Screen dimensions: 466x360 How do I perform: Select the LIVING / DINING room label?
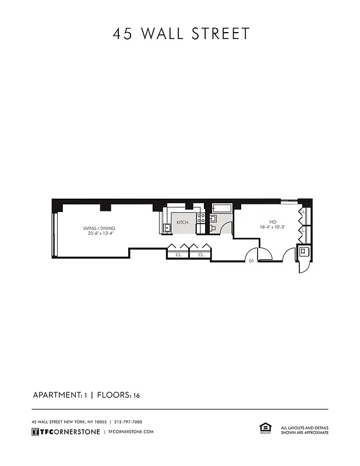click(98, 228)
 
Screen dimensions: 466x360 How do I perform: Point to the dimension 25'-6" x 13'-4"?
click(98, 234)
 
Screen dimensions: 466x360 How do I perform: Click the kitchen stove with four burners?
click(200, 218)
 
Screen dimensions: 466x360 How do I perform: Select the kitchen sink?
click(167, 227)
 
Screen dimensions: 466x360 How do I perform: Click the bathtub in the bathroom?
click(222, 208)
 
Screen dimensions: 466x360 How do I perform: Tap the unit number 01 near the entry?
click(251, 262)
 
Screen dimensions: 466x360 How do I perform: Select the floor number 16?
click(136, 396)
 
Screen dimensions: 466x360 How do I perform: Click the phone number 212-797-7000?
click(128, 422)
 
